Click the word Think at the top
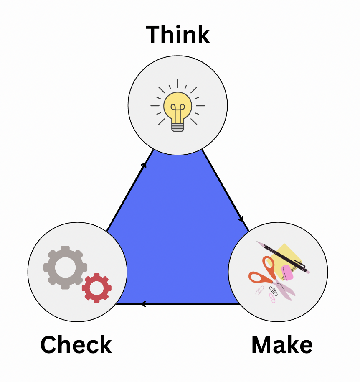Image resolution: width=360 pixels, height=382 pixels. click(x=177, y=35)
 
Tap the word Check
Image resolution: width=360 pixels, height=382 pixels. click(x=76, y=345)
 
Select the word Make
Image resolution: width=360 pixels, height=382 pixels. click(x=281, y=345)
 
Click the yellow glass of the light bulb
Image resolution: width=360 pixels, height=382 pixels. click(x=177, y=104)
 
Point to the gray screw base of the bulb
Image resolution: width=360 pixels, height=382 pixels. click(x=177, y=126)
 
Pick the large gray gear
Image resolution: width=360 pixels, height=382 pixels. click(x=65, y=267)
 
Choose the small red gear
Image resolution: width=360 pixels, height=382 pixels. click(x=96, y=288)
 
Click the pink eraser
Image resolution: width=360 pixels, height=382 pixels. click(x=287, y=272)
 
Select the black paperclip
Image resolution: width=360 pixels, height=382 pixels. click(x=274, y=290)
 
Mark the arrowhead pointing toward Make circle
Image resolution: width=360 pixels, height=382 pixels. click(x=241, y=219)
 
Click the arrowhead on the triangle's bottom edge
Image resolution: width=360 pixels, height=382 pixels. click(x=143, y=304)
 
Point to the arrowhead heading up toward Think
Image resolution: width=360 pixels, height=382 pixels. click(x=144, y=164)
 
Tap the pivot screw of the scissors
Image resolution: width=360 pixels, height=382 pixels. click(x=278, y=284)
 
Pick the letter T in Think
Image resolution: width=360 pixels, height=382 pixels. click(x=154, y=35)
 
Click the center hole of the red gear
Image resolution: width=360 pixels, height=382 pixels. click(x=96, y=288)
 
